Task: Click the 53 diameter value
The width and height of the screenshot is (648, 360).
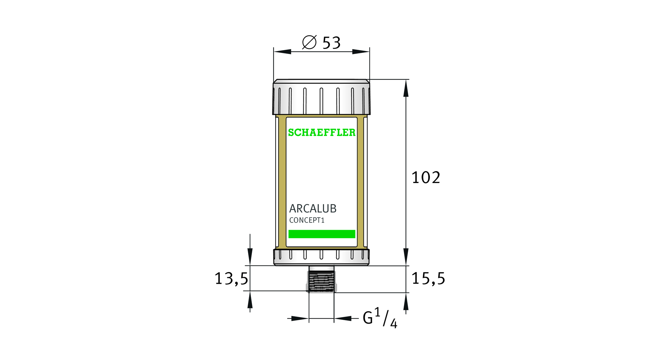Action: tap(331, 43)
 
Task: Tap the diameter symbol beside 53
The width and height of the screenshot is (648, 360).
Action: tap(309, 42)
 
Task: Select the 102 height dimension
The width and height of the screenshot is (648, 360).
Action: tap(426, 177)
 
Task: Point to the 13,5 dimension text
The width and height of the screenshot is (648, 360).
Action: tap(231, 279)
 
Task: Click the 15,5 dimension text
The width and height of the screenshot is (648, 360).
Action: tap(428, 278)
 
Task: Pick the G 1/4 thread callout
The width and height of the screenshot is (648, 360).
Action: tap(380, 318)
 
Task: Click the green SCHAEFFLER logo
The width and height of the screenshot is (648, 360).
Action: tap(322, 132)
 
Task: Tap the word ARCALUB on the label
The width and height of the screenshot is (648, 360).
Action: tap(313, 208)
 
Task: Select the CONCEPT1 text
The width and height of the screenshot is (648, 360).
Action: tap(307, 220)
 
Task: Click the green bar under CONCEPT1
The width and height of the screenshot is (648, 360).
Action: tap(322, 234)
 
